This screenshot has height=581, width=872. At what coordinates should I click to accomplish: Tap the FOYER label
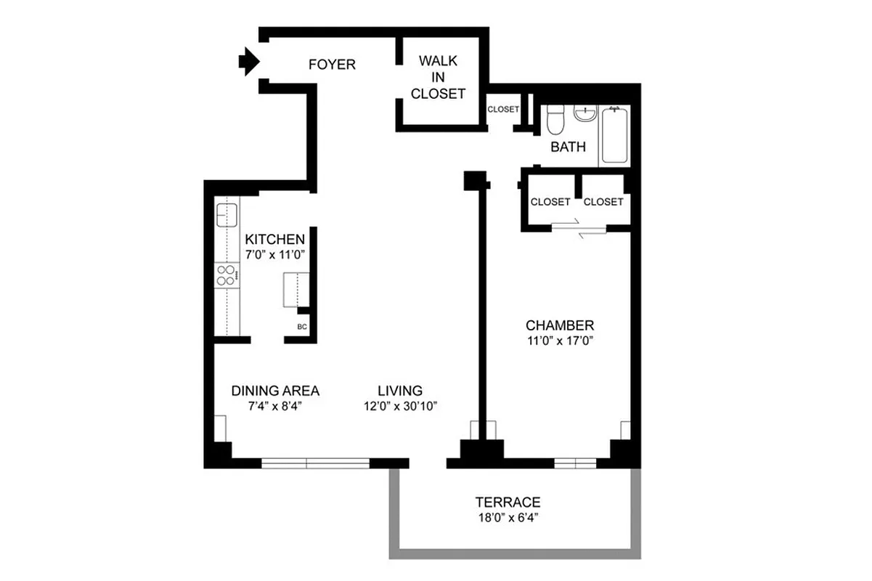click(x=332, y=65)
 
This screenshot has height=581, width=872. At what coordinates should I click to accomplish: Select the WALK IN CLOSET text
click(x=438, y=77)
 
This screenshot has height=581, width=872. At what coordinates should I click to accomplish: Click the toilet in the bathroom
click(x=555, y=119)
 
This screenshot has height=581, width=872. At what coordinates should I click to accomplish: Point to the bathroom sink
click(x=584, y=113)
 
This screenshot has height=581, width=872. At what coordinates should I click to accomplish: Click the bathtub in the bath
click(x=614, y=135)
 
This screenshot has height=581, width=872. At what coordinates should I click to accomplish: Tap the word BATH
click(x=568, y=147)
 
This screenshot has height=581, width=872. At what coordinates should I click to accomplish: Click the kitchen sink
click(x=227, y=215)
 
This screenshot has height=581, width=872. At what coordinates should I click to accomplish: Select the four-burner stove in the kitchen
click(x=226, y=275)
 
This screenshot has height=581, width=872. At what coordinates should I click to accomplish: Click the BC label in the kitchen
click(x=302, y=327)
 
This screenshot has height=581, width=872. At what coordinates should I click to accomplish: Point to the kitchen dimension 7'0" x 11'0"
click(x=275, y=255)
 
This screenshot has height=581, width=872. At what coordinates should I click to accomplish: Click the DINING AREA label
click(x=275, y=391)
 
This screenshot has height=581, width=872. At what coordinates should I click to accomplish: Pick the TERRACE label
click(x=508, y=502)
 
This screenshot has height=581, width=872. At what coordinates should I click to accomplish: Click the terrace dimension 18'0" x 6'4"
click(x=508, y=518)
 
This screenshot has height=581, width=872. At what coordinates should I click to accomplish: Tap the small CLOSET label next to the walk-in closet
click(x=503, y=110)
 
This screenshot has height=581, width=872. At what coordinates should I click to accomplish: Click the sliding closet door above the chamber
click(x=579, y=228)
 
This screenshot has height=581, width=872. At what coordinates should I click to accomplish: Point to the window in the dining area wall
click(x=316, y=463)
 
